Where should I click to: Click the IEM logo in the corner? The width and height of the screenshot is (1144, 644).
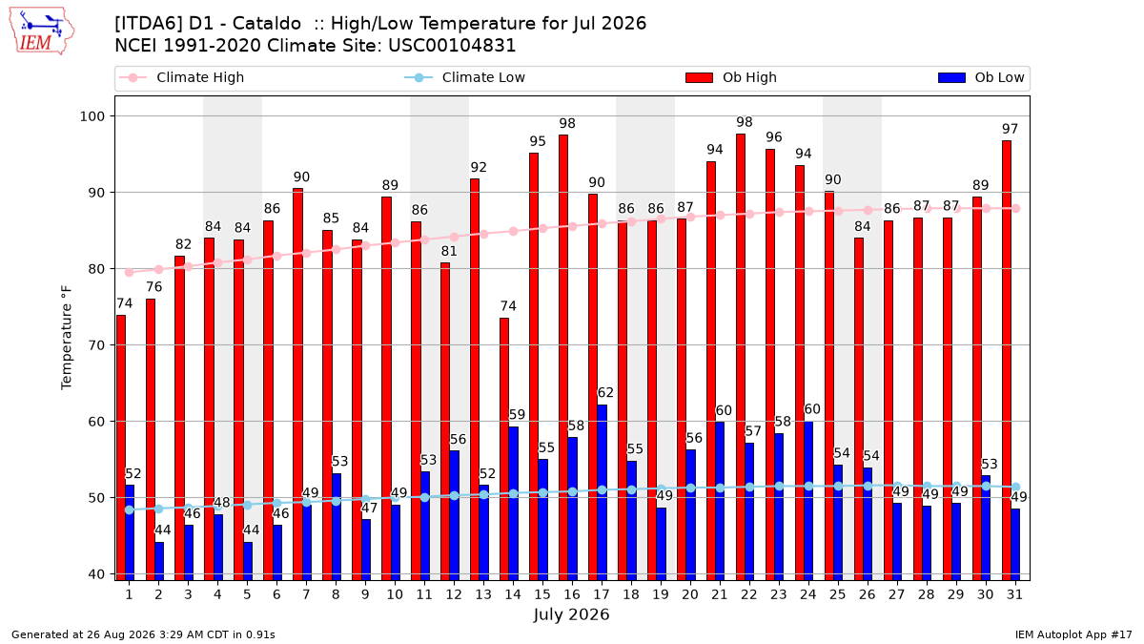point(42,31)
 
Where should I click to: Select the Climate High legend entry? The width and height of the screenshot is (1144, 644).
point(181,77)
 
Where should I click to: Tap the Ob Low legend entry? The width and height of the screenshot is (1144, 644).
point(981,77)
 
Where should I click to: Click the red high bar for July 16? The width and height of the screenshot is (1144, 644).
point(563,357)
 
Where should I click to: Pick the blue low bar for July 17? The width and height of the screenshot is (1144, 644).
point(603,492)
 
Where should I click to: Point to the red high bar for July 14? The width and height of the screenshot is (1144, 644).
point(504,449)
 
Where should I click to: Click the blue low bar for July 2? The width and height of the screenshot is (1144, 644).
point(159,561)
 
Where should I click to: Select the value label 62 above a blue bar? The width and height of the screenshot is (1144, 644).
point(605,392)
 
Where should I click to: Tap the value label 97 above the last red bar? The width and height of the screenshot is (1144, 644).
point(1010,129)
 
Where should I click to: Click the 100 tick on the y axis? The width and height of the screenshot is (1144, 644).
point(92,116)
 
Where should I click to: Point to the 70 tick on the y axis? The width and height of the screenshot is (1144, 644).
point(96,345)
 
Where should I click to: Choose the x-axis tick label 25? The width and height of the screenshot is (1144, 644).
point(838,594)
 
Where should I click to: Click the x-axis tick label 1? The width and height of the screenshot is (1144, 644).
point(130,594)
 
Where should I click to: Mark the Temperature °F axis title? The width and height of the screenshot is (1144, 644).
point(67,339)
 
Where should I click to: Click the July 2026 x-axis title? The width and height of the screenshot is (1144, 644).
point(571,614)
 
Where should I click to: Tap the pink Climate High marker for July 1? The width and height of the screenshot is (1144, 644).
point(130,273)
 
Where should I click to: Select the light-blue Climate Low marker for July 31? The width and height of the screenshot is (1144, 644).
point(1016,488)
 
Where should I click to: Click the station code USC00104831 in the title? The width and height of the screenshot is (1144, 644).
point(452,46)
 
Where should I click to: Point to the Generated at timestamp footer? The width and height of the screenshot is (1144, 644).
point(143,634)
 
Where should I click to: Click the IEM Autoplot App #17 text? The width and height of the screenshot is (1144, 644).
point(1073,634)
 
